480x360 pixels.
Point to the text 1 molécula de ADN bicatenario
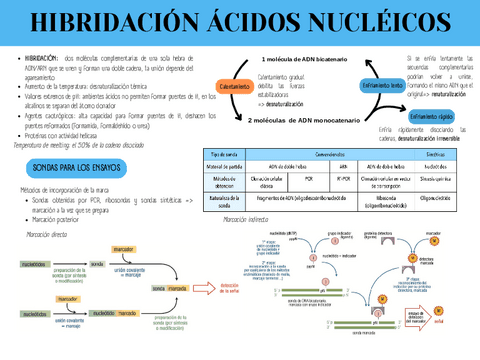305,59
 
